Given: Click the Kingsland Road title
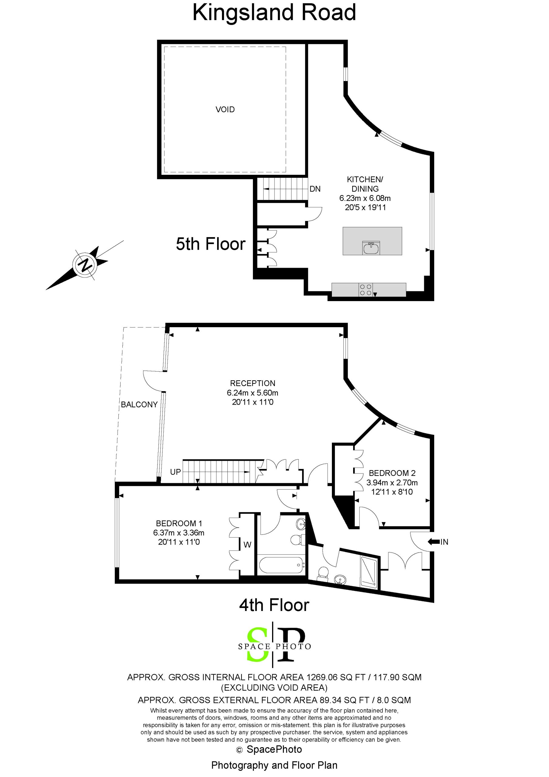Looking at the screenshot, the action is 274,12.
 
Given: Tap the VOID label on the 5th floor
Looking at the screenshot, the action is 225,109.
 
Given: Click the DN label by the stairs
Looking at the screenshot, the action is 315,189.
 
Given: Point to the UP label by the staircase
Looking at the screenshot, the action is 175,472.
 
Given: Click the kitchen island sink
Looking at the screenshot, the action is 371,248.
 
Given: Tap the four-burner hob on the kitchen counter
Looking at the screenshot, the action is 366,290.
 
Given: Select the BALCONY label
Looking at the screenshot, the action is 139,404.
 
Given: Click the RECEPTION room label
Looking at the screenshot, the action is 253,383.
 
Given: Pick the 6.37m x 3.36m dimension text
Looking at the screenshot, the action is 179,533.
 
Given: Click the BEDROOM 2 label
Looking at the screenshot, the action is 392,473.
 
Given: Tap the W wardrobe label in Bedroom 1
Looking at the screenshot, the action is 247,545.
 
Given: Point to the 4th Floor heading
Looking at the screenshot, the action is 274,605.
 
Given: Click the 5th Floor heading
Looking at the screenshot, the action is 210,244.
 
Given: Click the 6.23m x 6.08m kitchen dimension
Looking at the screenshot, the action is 365,198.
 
